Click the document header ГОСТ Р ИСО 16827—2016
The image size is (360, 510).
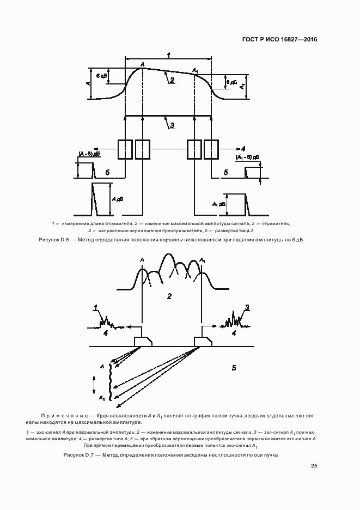(x=278, y=40)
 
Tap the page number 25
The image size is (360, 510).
(x=314, y=466)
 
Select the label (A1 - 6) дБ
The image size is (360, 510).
(x=247, y=157)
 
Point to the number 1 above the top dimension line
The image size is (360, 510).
(x=169, y=55)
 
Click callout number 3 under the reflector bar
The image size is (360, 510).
(x=171, y=125)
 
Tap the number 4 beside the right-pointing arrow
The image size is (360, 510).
(x=243, y=149)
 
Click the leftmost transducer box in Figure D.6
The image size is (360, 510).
(x=125, y=149)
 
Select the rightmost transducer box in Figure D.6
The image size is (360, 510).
(x=211, y=149)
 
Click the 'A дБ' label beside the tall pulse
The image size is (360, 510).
(x=118, y=199)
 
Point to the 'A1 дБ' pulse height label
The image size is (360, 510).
(x=218, y=204)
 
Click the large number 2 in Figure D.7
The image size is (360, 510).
(x=169, y=296)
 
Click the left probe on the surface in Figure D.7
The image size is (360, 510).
(x=143, y=341)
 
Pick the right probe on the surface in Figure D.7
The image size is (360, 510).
(x=204, y=341)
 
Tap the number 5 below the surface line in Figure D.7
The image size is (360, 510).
(x=234, y=368)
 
